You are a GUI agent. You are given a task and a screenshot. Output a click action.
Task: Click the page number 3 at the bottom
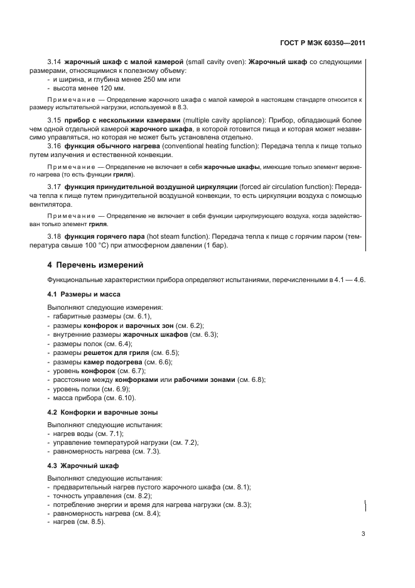tap(363, 535)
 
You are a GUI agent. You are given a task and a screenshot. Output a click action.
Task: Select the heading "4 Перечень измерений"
tap(95, 265)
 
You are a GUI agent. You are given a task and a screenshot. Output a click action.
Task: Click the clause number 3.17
tap(54, 187)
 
